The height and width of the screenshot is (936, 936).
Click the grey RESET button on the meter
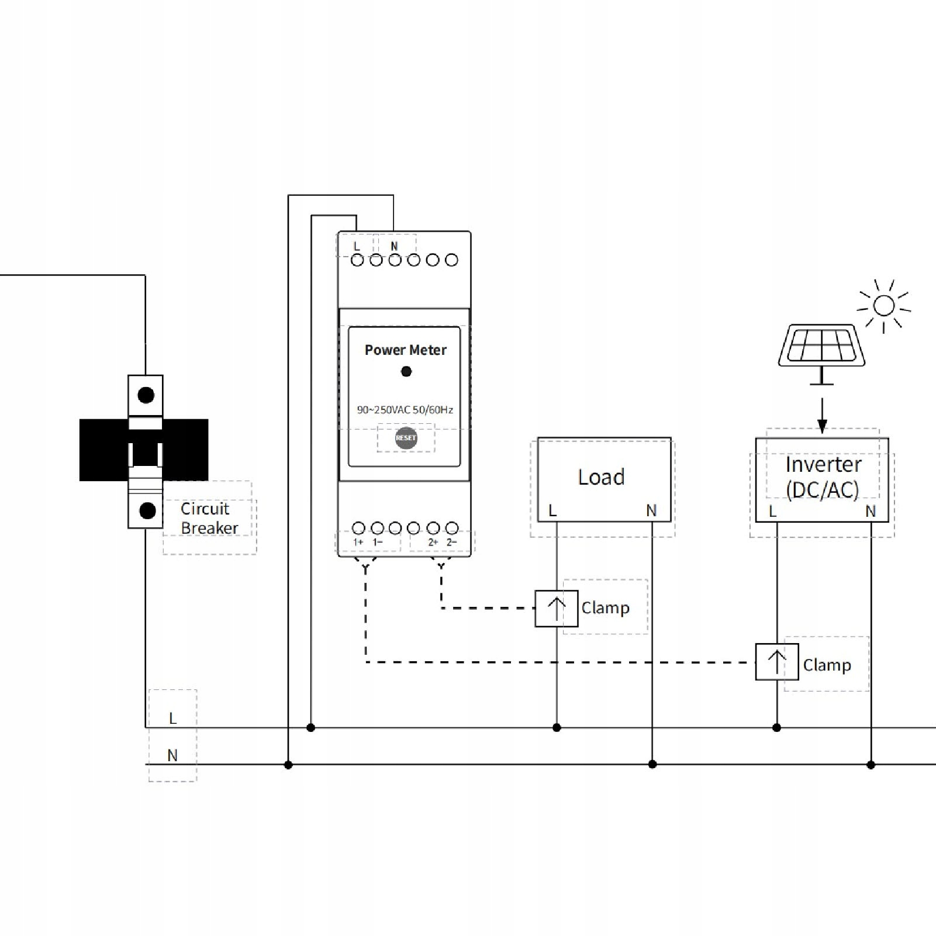point(406,438)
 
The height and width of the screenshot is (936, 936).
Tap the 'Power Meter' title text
point(405,350)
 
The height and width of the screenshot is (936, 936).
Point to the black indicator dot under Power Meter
point(406,371)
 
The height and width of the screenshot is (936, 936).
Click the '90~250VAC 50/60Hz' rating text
point(405,410)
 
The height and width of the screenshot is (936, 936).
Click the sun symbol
point(883,306)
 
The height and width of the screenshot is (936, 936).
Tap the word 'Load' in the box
point(601,477)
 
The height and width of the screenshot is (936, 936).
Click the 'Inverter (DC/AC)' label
point(823,477)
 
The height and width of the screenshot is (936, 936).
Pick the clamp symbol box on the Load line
point(556,609)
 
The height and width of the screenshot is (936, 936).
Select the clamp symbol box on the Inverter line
point(776,662)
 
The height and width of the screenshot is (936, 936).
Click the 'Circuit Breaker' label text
point(209,518)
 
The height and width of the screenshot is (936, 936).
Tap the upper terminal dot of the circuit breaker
point(146,395)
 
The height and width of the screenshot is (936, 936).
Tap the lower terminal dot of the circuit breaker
point(147,510)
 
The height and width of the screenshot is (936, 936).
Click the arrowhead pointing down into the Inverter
point(822,426)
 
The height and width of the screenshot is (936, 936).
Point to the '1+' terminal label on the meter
point(358,543)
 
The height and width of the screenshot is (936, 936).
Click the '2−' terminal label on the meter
point(451,543)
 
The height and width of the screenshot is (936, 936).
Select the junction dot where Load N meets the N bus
point(652,764)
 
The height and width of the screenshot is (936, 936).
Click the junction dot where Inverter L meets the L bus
point(776,728)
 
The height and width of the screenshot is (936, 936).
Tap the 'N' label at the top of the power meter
point(394,247)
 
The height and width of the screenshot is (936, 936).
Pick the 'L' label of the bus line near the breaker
point(172,719)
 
